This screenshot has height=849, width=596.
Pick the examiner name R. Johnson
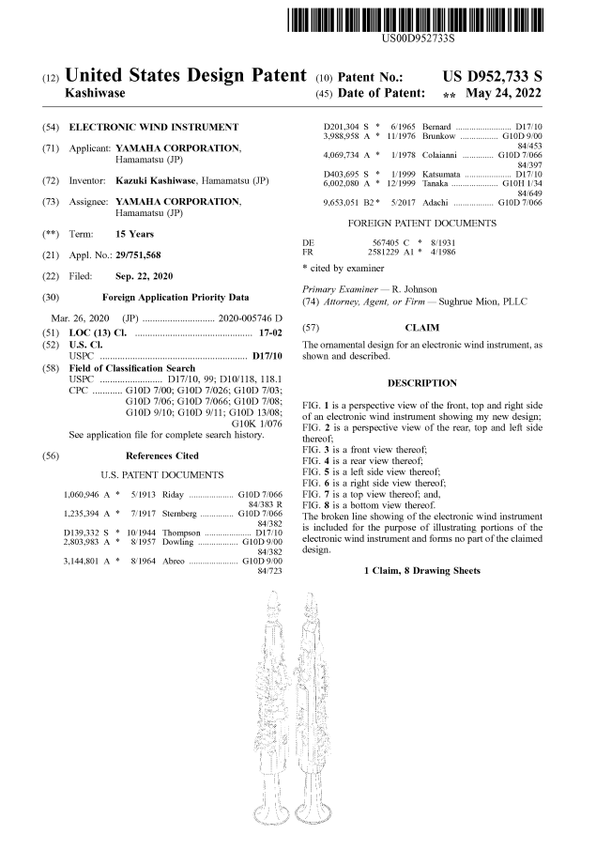coord(420,288)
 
